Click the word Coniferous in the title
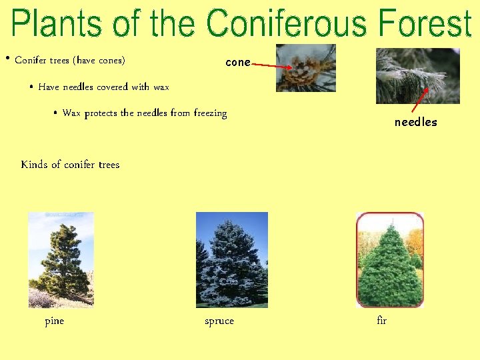pyautogui.click(x=288, y=24)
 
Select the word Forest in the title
pyautogui.click(x=425, y=24)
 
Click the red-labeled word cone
pyautogui.click(x=238, y=63)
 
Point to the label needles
pyautogui.click(x=415, y=122)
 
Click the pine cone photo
pyautogui.click(x=306, y=68)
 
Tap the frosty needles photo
pyautogui.click(x=417, y=75)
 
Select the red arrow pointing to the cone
pyautogui.click(x=273, y=66)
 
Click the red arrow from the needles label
pyautogui.click(x=419, y=101)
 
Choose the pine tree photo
pyautogui.click(x=61, y=259)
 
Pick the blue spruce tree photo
pyautogui.click(x=231, y=259)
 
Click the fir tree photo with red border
pyautogui.click(x=390, y=259)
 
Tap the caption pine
pyautogui.click(x=54, y=321)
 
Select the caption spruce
pyautogui.click(x=219, y=321)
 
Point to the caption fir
pyautogui.click(x=381, y=321)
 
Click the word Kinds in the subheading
pyautogui.click(x=34, y=165)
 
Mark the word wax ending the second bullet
pyautogui.click(x=161, y=87)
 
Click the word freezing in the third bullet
pyautogui.click(x=210, y=113)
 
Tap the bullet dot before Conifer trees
pyautogui.click(x=7, y=59)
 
